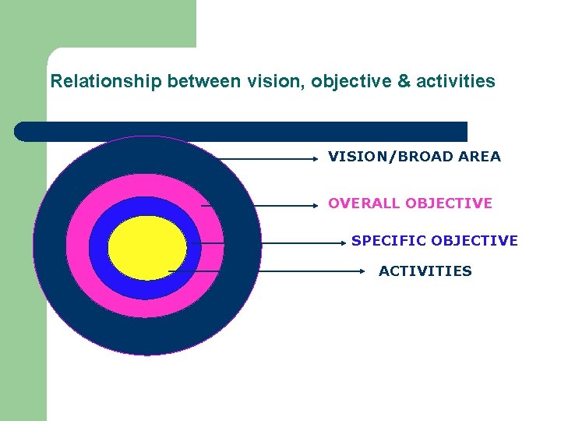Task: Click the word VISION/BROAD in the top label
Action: coord(374,157)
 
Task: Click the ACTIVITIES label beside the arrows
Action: coord(425,271)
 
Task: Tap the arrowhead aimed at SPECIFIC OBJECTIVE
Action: coord(343,242)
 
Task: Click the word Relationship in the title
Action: coord(106,81)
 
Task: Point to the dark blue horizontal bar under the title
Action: coord(242,131)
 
